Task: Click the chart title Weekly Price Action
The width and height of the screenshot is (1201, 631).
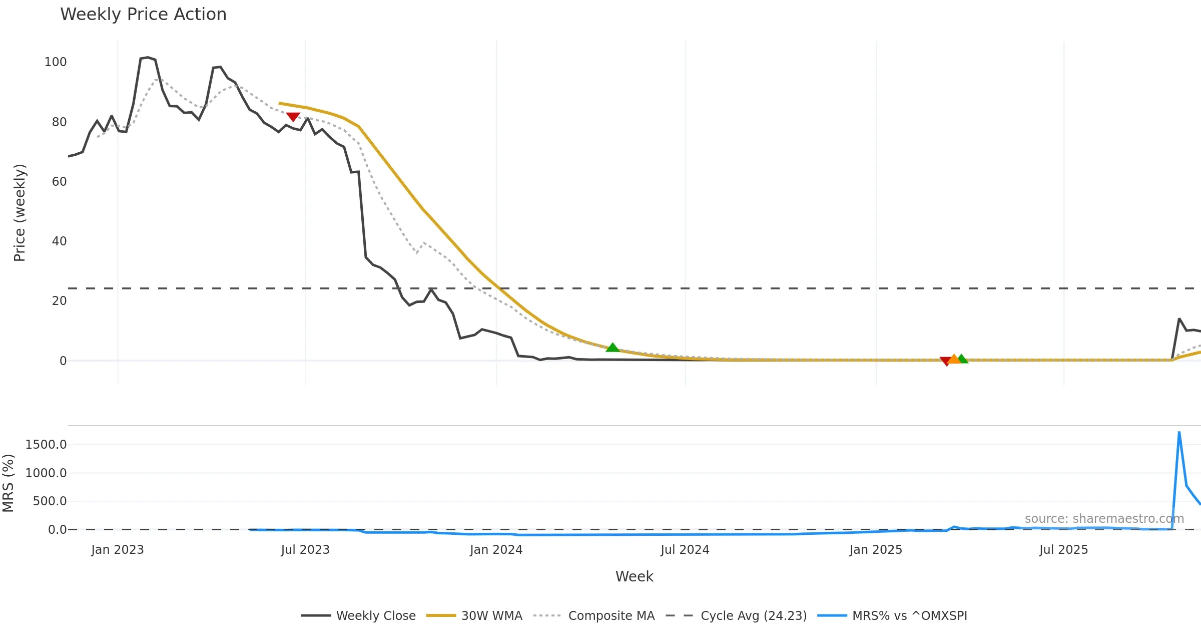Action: pyautogui.click(x=143, y=15)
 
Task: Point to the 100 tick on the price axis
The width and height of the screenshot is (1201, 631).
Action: pyautogui.click(x=56, y=62)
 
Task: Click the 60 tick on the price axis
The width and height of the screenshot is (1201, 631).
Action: pyautogui.click(x=59, y=182)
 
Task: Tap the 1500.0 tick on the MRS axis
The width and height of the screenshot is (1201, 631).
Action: pyautogui.click(x=46, y=445)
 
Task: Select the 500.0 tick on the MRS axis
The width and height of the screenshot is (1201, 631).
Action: pyautogui.click(x=50, y=501)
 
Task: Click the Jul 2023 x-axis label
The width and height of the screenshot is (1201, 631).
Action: pyautogui.click(x=305, y=550)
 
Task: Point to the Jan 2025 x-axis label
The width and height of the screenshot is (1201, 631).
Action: pyautogui.click(x=876, y=550)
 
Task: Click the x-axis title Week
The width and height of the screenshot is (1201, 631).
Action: pyautogui.click(x=634, y=577)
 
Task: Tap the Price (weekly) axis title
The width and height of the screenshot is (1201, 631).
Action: pyautogui.click(x=20, y=213)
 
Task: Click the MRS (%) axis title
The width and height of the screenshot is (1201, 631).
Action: pyautogui.click(x=9, y=483)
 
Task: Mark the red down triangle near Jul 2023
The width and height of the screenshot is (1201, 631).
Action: pyautogui.click(x=293, y=117)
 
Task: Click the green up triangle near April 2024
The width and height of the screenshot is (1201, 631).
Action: pyautogui.click(x=613, y=348)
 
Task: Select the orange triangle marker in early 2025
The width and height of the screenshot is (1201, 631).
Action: pyautogui.click(x=954, y=359)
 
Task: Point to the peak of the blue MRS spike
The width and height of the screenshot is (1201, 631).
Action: pyautogui.click(x=1179, y=432)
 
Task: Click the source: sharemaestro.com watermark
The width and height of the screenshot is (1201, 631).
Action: pyautogui.click(x=1104, y=519)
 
